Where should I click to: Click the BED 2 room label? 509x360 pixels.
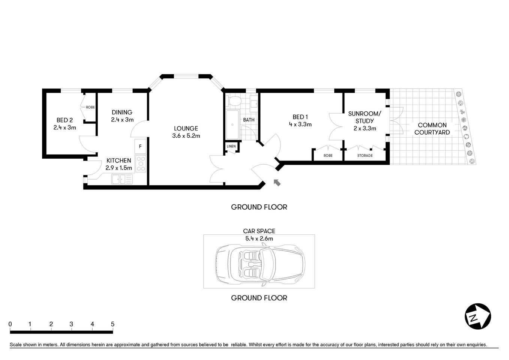tap(64, 120)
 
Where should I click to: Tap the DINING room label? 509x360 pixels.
tap(122, 112)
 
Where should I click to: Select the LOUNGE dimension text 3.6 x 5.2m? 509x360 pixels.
tap(186, 136)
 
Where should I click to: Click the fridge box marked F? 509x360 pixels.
tap(141, 146)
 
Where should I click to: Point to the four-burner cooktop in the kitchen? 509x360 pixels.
tap(141, 164)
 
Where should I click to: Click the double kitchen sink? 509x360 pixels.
tap(122, 179)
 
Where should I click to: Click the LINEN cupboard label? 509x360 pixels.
tap(231, 146)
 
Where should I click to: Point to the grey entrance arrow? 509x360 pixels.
tap(277, 182)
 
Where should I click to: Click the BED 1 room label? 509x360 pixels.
tap(300, 117)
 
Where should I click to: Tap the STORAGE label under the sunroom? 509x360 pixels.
tap(365, 155)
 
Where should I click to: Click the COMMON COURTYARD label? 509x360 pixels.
tap(432, 128)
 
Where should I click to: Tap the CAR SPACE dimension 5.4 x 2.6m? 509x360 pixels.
tap(259, 238)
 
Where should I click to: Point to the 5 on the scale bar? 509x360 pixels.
tap(112, 324)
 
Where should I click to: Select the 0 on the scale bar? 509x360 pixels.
tap(10, 324)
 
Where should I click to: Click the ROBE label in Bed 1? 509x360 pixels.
tap(328, 155)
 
